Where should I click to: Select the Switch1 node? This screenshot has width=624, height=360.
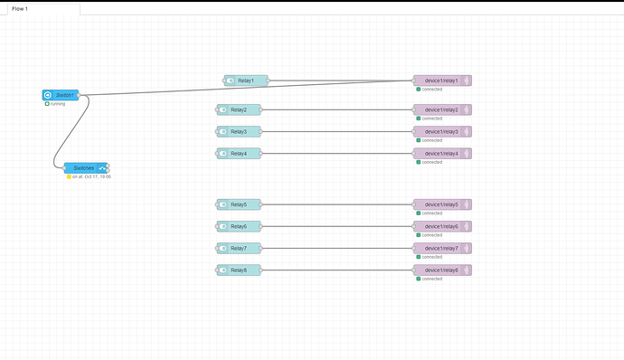pyautogui.click(x=61, y=95)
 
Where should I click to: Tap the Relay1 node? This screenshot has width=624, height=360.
pyautogui.click(x=246, y=81)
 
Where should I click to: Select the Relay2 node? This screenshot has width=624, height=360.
pyautogui.click(x=239, y=109)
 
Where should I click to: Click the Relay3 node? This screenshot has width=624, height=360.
pyautogui.click(x=239, y=131)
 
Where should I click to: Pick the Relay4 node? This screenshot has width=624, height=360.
pyautogui.click(x=239, y=154)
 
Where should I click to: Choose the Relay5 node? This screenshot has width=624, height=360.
pyautogui.click(x=239, y=204)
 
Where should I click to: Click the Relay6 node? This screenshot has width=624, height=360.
pyautogui.click(x=239, y=226)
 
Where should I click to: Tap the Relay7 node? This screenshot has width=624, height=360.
pyautogui.click(x=239, y=248)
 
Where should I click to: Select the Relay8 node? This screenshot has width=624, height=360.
pyautogui.click(x=239, y=270)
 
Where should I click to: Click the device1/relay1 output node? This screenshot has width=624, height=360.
pyautogui.click(x=441, y=81)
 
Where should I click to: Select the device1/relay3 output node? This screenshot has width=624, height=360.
pyautogui.click(x=441, y=131)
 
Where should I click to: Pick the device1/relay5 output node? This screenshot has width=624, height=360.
pyautogui.click(x=441, y=204)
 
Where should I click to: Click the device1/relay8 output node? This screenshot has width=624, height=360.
pyautogui.click(x=441, y=270)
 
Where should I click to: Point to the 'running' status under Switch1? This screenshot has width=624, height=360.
pyautogui.click(x=57, y=104)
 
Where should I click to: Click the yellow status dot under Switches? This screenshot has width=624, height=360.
pyautogui.click(x=69, y=177)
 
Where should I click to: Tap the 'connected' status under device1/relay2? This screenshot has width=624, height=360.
pyautogui.click(x=431, y=118)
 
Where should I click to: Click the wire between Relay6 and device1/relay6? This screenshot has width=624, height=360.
pyautogui.click(x=335, y=226)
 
